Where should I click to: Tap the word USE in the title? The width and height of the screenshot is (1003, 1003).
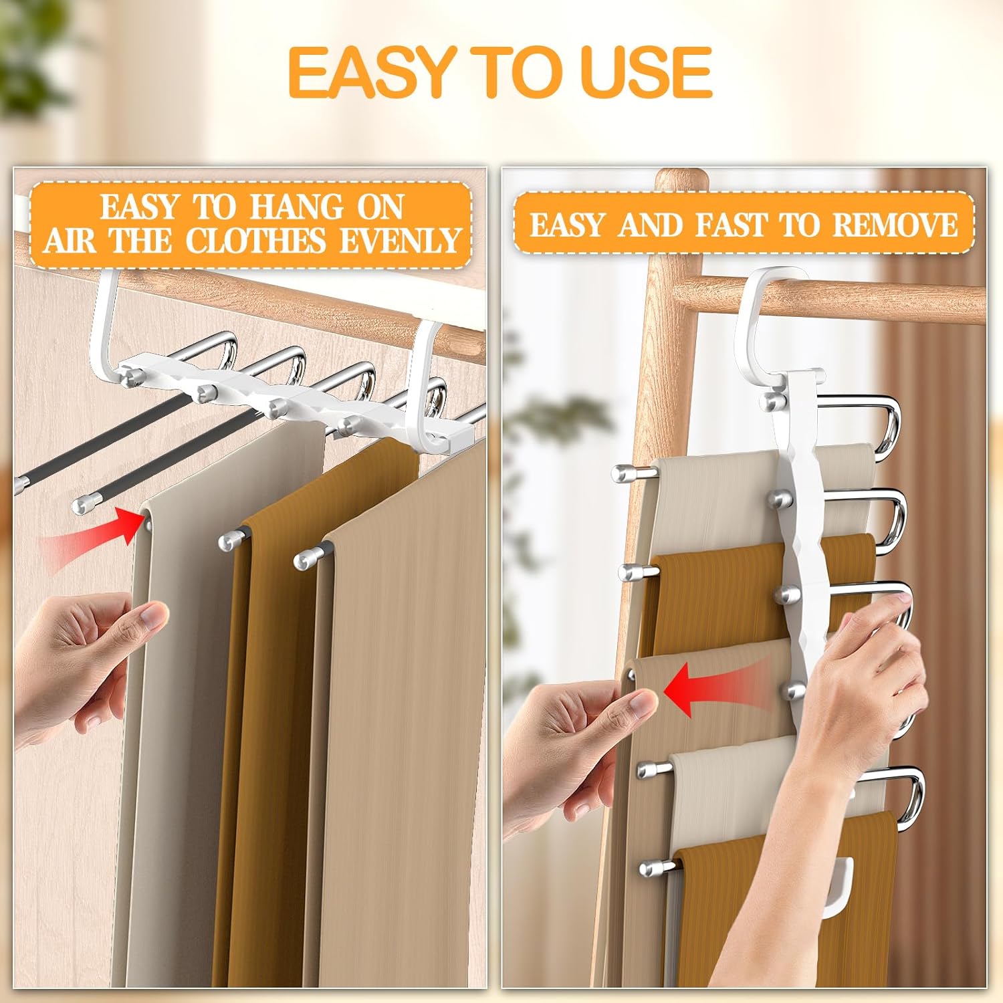pos(648,72)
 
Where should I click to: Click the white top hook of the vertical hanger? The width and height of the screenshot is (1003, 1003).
pos(769,314)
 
